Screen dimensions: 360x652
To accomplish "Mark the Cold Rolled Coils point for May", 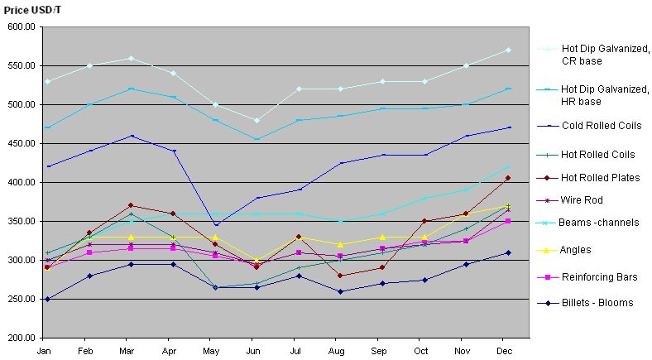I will pyautogui.click(x=215, y=225).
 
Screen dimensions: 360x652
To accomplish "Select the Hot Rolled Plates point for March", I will pyautogui.click(x=130, y=205).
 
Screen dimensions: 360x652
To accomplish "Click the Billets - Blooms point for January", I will pyautogui.click(x=47, y=299).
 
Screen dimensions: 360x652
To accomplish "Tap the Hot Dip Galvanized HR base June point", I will pyautogui.click(x=256, y=139).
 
